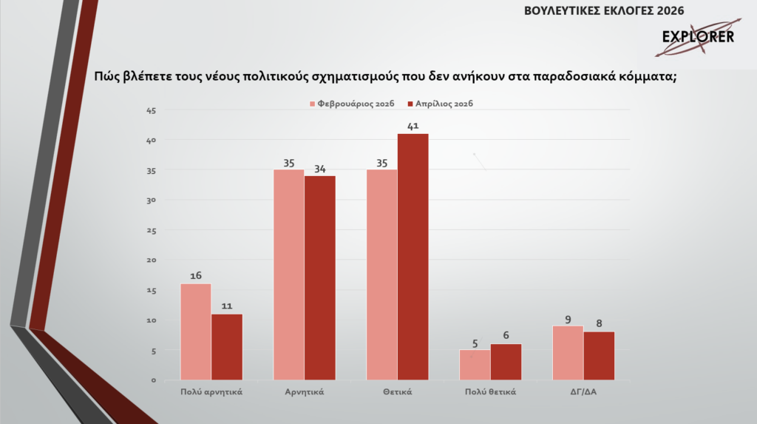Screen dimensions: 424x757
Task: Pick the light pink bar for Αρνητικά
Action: (x=289, y=275)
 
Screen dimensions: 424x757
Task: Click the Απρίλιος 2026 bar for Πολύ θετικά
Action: (x=506, y=362)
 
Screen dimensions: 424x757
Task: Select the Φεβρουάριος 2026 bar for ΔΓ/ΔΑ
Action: (x=568, y=353)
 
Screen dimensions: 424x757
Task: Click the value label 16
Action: (x=196, y=276)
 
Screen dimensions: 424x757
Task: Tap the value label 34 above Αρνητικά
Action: (x=319, y=168)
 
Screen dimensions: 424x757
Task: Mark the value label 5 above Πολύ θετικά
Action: (x=475, y=343)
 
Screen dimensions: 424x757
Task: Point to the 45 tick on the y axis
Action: (x=152, y=110)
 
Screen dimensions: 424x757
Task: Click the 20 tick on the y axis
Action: (x=152, y=260)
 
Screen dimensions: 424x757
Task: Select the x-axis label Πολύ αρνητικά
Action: (x=211, y=392)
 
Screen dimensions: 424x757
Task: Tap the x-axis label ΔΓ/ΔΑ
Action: (x=583, y=392)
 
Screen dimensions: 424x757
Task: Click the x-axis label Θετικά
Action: (x=398, y=392)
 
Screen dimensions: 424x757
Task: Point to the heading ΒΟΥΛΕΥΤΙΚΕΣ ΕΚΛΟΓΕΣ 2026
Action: (x=603, y=10)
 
